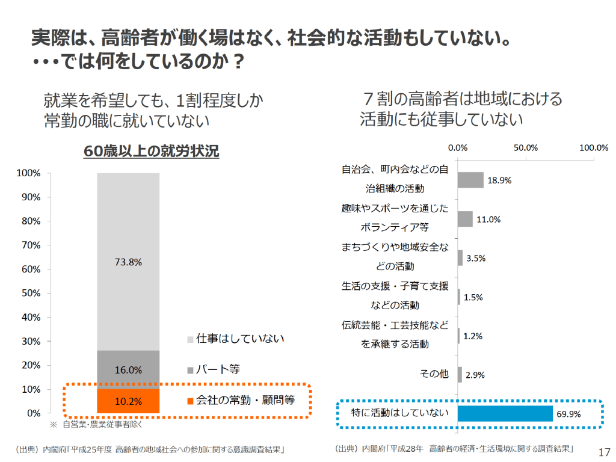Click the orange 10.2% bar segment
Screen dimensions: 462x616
(128, 401)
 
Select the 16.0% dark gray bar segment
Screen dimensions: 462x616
(128, 369)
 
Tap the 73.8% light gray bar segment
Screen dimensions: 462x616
(128, 262)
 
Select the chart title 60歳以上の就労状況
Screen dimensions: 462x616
(151, 152)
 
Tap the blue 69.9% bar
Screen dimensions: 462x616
(505, 413)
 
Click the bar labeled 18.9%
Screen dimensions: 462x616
(470, 180)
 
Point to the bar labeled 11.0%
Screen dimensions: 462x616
(465, 219)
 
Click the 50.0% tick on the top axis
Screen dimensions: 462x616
(526, 148)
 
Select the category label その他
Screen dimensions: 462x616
(434, 374)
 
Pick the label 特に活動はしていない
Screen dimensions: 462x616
(400, 413)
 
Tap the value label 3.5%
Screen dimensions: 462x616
(476, 258)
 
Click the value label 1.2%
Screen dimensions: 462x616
(473, 336)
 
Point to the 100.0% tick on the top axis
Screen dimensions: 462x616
(594, 148)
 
